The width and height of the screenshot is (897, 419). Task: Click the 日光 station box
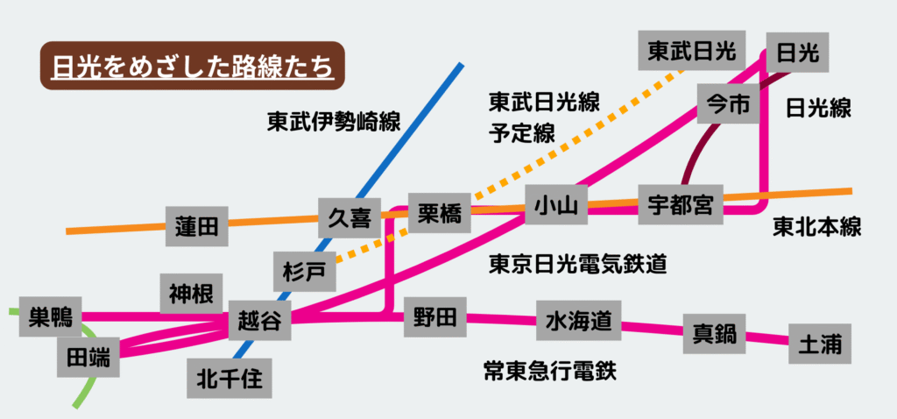point(798,54)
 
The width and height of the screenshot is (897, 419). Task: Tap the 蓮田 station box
point(196,227)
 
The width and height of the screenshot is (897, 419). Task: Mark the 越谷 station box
point(259,322)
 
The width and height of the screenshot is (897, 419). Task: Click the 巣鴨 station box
point(49,315)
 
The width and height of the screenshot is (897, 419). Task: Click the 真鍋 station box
point(715,332)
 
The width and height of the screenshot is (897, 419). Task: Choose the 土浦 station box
point(820,344)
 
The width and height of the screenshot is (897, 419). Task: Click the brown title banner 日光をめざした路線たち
point(193,66)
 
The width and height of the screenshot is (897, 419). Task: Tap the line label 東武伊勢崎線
point(334,122)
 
